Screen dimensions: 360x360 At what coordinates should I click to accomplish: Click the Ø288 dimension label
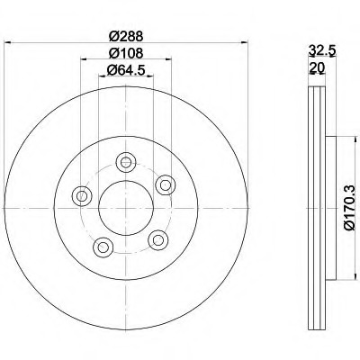pos(126,37)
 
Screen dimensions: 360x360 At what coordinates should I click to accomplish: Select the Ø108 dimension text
pos(126,53)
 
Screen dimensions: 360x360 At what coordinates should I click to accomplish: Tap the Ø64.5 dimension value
pos(126,70)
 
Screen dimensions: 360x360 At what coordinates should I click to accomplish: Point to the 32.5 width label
pos(322,50)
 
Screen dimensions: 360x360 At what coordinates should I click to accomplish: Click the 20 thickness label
pos(317,68)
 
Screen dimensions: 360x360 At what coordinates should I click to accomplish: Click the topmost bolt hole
pos(126,162)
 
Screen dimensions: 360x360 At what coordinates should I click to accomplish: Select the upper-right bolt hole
pos(166,184)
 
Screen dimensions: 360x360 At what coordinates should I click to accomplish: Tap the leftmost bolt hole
pos(82,196)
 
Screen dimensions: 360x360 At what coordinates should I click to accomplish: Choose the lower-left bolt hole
pos(103,247)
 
